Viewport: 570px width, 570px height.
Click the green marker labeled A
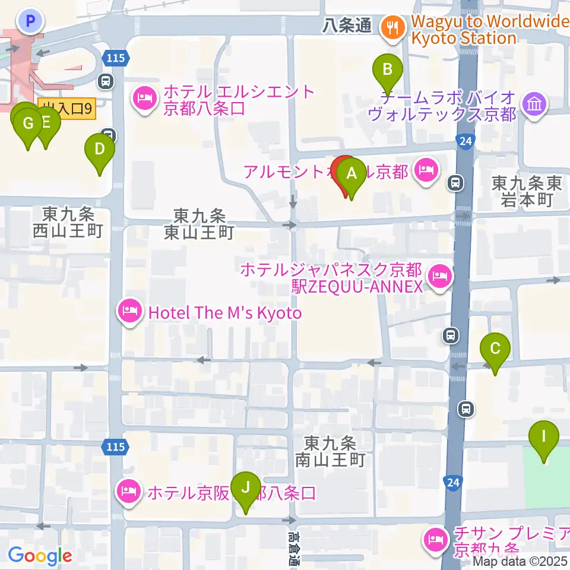click(x=351, y=174)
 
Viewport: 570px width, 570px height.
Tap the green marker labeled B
click(x=387, y=70)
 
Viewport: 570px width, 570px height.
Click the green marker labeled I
click(x=544, y=436)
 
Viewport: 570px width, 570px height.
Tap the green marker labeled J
click(x=245, y=488)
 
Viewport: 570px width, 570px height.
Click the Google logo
click(x=40, y=556)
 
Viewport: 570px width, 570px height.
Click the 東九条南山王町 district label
click(x=330, y=451)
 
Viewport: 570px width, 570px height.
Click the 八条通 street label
click(x=347, y=26)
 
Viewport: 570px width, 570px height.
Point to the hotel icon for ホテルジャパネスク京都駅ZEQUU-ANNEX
click(x=440, y=277)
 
